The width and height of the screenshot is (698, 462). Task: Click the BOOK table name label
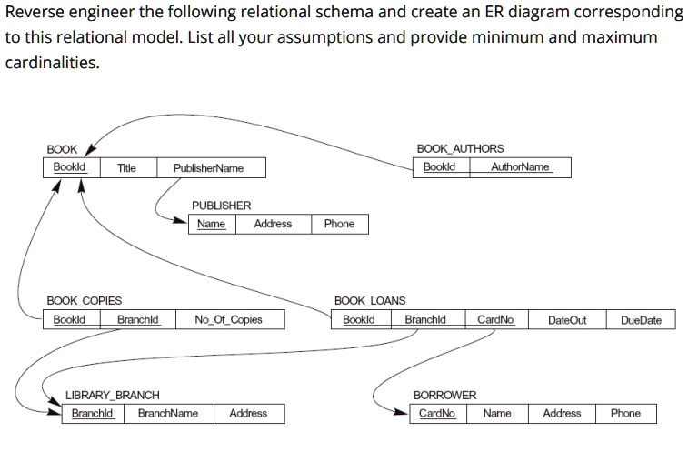(62, 149)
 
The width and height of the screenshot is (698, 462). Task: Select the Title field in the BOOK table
(126, 168)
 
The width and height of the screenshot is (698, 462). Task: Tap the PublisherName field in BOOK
(208, 168)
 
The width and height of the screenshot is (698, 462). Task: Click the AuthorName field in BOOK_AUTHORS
(520, 166)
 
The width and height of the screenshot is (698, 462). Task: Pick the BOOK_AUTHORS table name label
(460, 148)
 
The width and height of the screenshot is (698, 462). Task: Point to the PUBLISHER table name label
(221, 206)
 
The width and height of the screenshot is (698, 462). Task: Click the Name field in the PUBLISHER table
(211, 224)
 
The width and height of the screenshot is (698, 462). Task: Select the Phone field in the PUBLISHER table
(339, 224)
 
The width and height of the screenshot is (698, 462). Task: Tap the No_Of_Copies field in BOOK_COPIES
(228, 319)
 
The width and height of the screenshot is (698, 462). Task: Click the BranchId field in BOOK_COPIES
(137, 319)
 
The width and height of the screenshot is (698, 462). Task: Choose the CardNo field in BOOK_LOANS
(495, 319)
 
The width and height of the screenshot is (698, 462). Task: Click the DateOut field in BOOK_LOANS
(567, 320)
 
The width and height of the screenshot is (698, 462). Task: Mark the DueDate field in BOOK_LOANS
(641, 320)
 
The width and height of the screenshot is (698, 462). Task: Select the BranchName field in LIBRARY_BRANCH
(168, 414)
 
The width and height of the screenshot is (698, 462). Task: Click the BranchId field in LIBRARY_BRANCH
(92, 414)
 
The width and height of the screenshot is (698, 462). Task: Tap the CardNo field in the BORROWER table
(436, 414)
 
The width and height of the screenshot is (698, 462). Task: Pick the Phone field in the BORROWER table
(625, 414)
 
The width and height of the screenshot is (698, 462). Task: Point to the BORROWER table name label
(444, 396)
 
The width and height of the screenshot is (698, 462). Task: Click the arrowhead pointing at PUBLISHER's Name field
(180, 220)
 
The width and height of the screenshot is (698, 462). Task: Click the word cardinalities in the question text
(52, 63)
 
